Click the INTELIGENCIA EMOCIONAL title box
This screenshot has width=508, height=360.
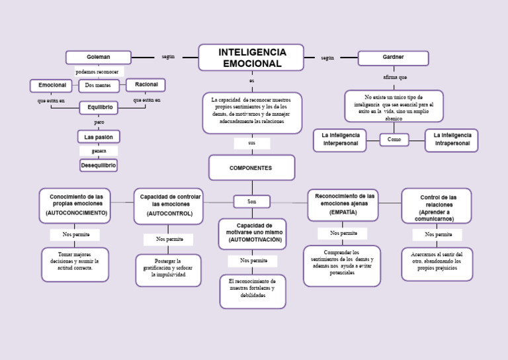(251, 58)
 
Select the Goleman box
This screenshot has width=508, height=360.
(98, 57)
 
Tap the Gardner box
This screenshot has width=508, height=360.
(393, 58)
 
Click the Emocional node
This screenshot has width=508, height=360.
(52, 85)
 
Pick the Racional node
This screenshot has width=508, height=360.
(146, 85)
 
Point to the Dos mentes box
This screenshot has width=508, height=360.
(99, 85)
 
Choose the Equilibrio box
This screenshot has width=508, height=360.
(99, 107)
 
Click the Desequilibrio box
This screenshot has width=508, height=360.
(99, 165)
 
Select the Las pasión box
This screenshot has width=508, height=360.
(99, 137)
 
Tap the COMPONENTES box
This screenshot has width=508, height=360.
(251, 168)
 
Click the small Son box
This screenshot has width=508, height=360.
(251, 201)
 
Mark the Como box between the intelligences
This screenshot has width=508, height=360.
(394, 140)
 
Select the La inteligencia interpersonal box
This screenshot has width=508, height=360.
(340, 140)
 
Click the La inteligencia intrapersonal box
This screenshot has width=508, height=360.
(452, 140)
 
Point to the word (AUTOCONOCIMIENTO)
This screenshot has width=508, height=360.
(76, 213)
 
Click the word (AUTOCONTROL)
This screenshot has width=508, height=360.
(169, 214)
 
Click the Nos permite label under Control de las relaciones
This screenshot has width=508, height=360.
(437, 234)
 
